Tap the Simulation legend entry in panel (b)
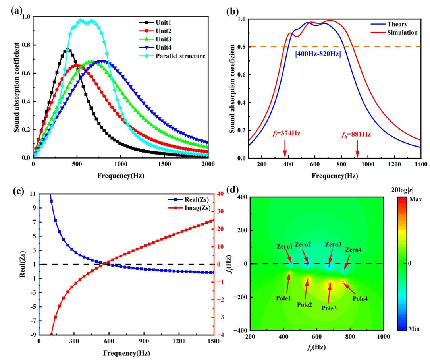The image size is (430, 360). pos(402,32)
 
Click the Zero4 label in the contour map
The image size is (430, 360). pos(353,250)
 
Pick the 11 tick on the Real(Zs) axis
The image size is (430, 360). pos(32,194)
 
